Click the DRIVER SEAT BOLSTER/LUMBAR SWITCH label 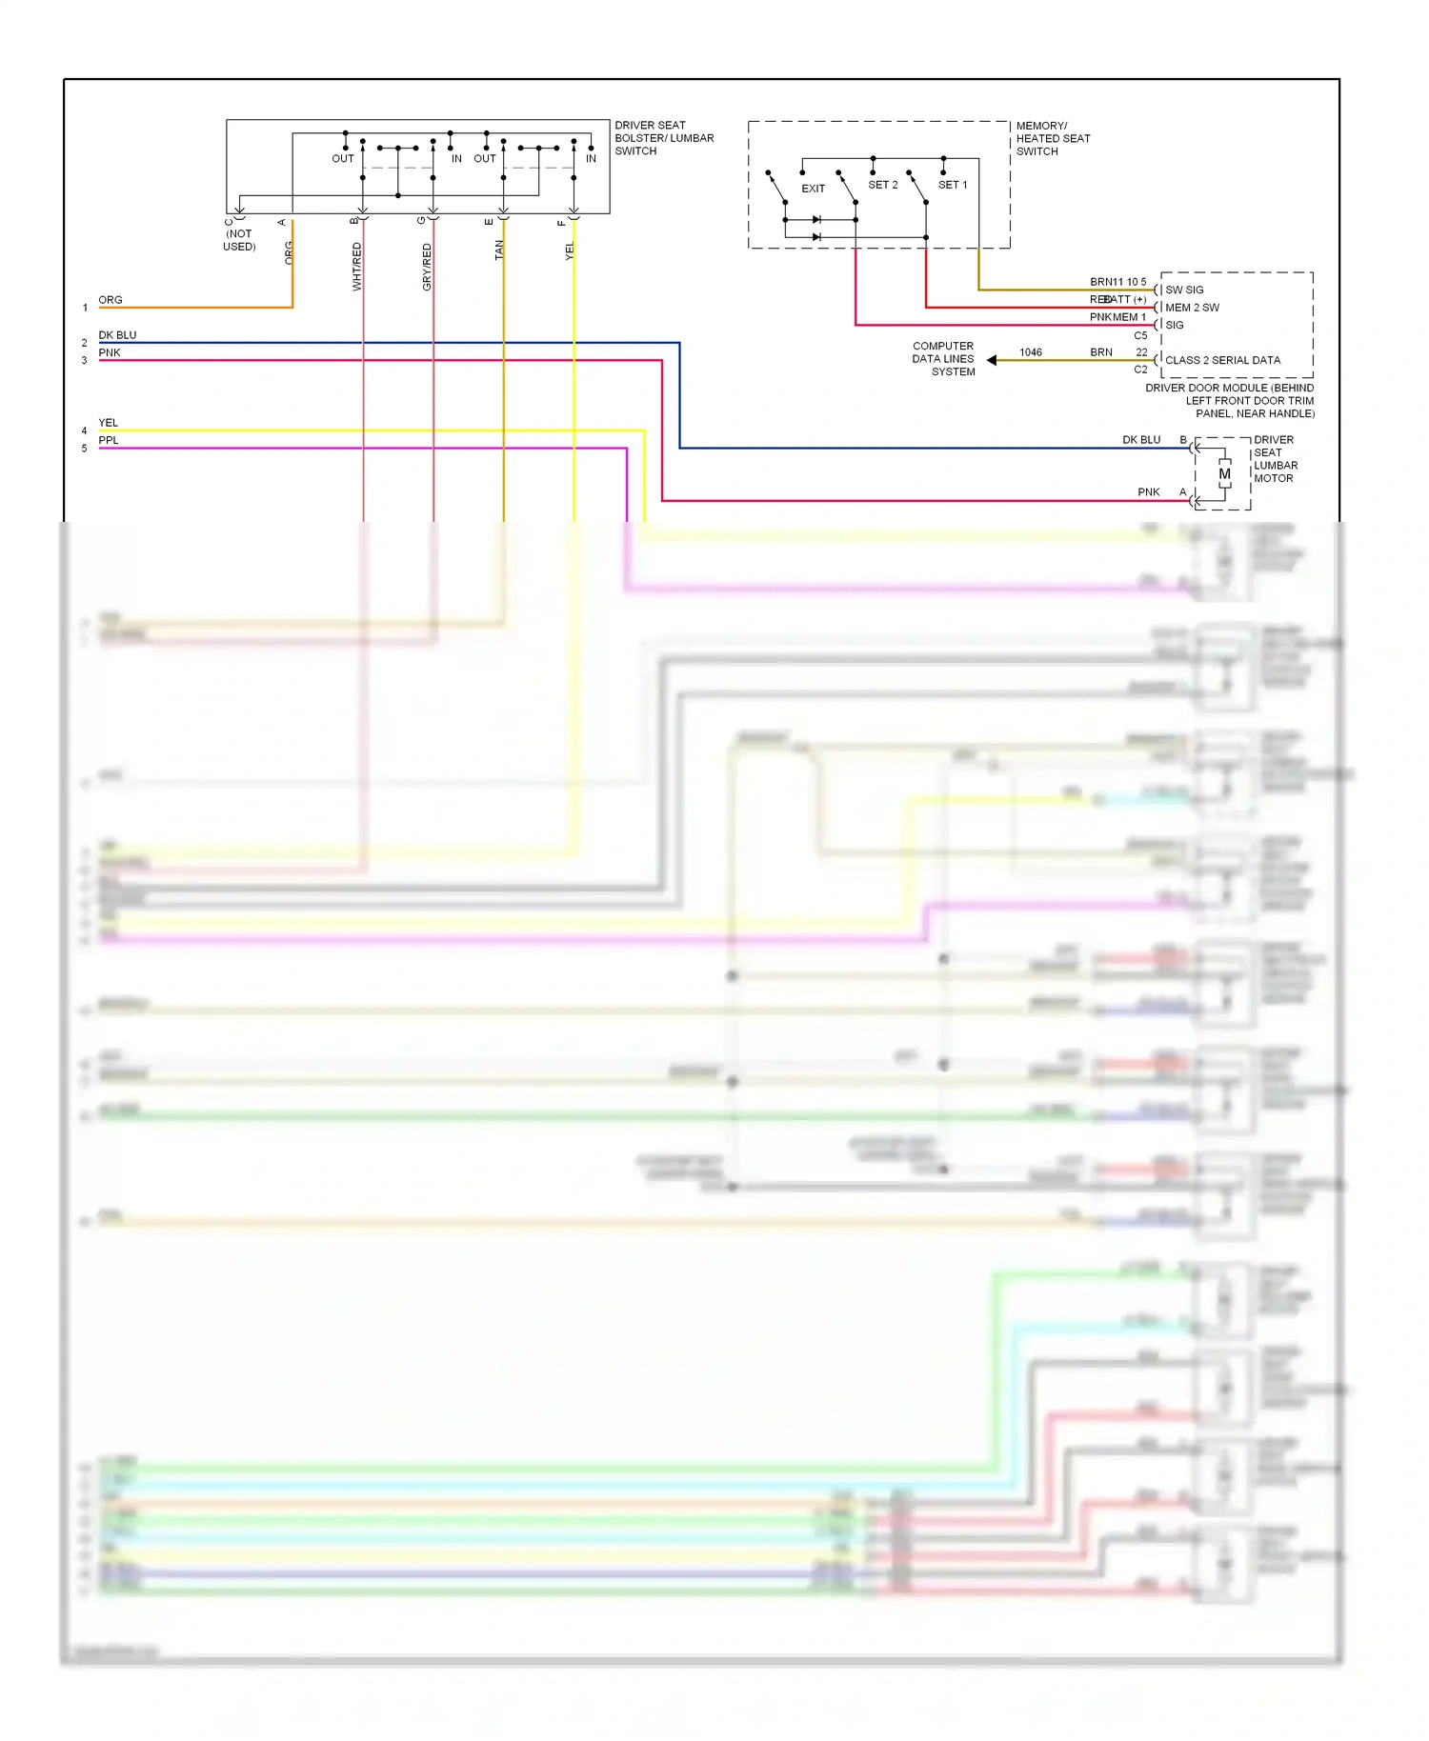[x=663, y=138]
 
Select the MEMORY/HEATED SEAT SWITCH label [x=1052, y=138]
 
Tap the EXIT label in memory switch [x=813, y=189]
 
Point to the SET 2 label [x=882, y=185]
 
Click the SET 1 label [x=952, y=185]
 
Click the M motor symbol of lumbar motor [x=1224, y=473]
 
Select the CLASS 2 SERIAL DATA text [x=1222, y=360]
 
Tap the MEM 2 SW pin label [x=1192, y=308]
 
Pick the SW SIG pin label [x=1184, y=290]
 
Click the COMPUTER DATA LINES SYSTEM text [x=943, y=359]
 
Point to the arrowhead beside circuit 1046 [x=992, y=360]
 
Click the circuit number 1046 [x=1030, y=352]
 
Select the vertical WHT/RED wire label [x=357, y=266]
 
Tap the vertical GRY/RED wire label [x=427, y=267]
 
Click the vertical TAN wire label [x=498, y=250]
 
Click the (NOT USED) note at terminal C [x=239, y=240]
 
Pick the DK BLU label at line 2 [x=117, y=335]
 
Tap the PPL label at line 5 [x=109, y=440]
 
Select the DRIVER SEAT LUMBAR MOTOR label [x=1275, y=459]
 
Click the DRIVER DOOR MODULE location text [x=1230, y=401]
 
